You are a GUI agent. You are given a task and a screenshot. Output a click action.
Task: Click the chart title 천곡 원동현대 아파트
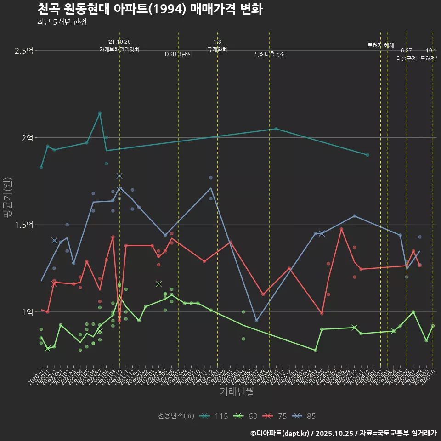pos(150,9)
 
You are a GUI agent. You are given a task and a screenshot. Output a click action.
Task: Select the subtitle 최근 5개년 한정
pos(62,22)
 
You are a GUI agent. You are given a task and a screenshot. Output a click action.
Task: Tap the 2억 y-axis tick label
pos(27,138)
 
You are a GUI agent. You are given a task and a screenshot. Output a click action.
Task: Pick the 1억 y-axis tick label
pos(27,312)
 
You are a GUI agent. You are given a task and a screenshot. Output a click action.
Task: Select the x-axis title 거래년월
pos(237,391)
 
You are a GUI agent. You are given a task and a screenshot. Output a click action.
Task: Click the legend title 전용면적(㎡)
pos(176,416)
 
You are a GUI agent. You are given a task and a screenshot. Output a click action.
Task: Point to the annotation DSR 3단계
pos(178,54)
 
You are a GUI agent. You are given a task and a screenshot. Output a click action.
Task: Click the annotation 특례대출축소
pos(270,54)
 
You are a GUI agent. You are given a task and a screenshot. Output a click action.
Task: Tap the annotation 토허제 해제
pos(380,45)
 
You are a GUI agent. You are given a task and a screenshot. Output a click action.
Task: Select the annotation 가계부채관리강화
pos(119,50)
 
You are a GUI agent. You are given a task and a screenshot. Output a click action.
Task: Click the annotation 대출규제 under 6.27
pos(406,58)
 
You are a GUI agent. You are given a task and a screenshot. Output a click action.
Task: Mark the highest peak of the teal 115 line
pos(100,113)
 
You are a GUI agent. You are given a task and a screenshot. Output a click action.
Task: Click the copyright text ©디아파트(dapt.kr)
pos(280,433)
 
